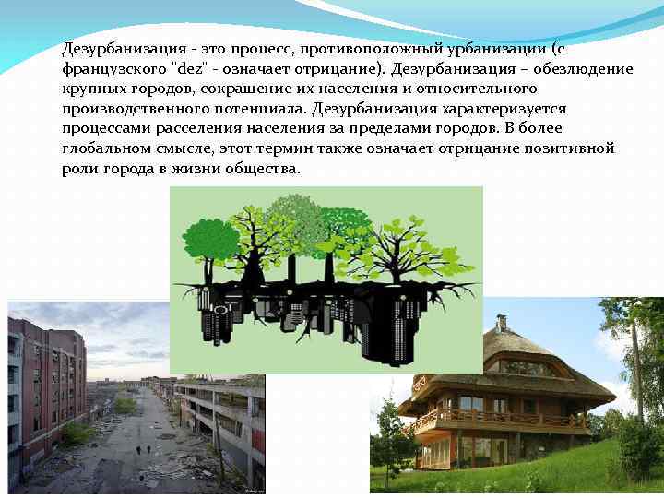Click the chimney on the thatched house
click(x=502, y=323)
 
